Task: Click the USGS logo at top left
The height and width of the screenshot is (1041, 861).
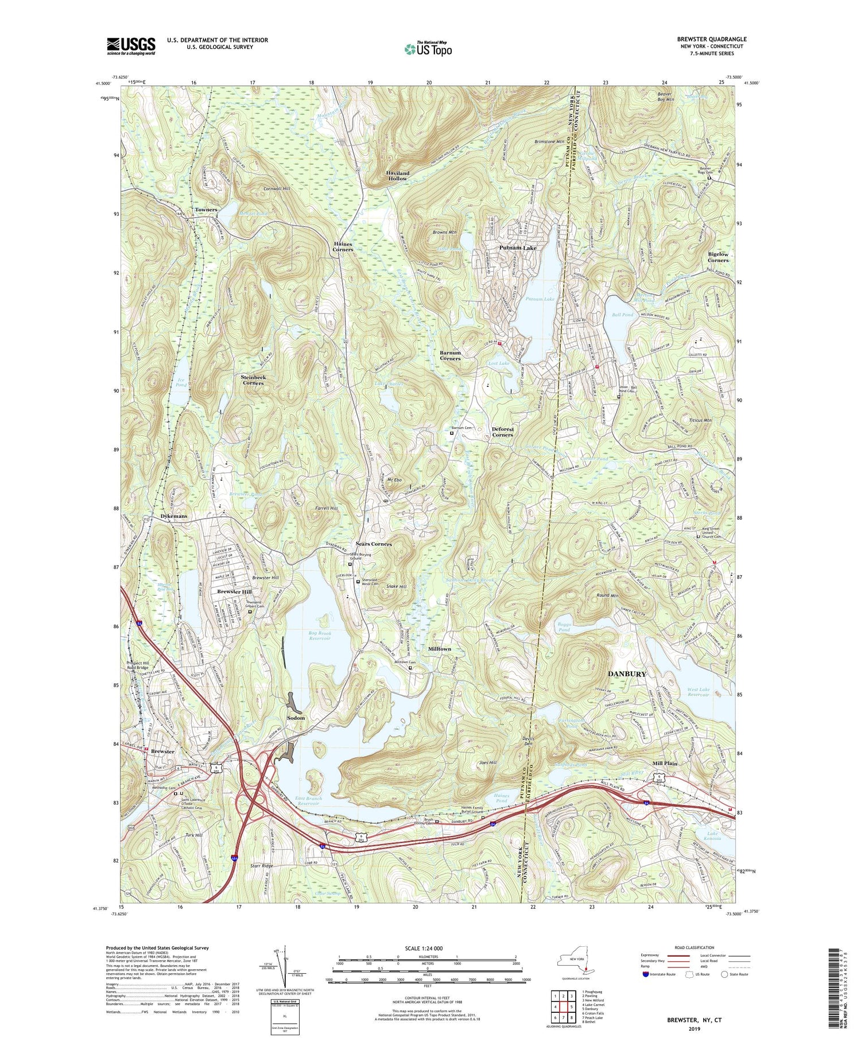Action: [x=131, y=45]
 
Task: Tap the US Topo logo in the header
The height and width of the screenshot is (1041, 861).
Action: [x=428, y=49]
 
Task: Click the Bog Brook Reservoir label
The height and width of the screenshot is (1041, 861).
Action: [x=320, y=636]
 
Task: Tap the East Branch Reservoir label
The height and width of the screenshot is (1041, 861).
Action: [x=309, y=801]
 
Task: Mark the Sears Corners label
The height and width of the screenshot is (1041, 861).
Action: [x=373, y=544]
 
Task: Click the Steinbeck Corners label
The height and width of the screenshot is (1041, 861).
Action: [x=253, y=380]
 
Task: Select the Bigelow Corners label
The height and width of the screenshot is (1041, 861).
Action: [x=717, y=257]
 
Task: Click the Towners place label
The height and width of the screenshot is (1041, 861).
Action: [x=205, y=210]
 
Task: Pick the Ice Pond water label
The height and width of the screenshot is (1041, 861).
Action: [x=181, y=382]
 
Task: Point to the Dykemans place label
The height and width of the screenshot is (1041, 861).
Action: [x=173, y=516]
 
